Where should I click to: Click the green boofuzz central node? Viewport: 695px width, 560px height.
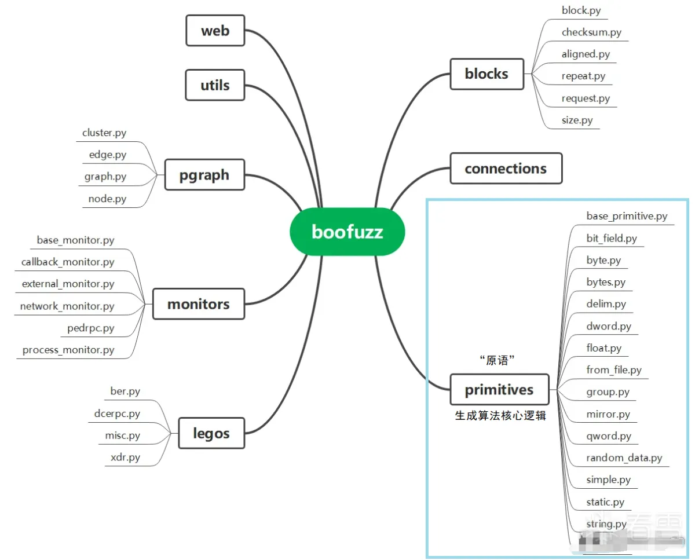347,232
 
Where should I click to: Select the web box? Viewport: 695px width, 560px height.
215,31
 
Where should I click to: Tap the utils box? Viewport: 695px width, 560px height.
215,85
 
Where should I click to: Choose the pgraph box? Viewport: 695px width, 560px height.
204,175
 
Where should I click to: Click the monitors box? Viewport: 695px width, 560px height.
198,304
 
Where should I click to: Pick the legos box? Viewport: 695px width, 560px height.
211,433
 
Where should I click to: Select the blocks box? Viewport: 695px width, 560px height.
487,74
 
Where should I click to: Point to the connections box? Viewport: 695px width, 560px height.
506,169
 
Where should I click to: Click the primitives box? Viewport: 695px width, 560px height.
499,389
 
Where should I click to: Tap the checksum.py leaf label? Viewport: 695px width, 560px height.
591,32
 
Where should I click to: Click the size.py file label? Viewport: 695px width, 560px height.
577,120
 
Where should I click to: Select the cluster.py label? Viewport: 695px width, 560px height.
104,133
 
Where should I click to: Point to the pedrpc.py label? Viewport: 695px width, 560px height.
91,328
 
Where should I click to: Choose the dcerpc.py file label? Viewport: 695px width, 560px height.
117,413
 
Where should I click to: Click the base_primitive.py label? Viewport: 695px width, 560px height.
627,216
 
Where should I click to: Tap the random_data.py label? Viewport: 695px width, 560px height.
624,457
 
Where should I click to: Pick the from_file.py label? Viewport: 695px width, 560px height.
614,369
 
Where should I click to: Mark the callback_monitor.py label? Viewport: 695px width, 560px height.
68,262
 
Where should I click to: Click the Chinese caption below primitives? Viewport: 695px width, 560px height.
500,416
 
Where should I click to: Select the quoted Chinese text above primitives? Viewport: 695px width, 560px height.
498,360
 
